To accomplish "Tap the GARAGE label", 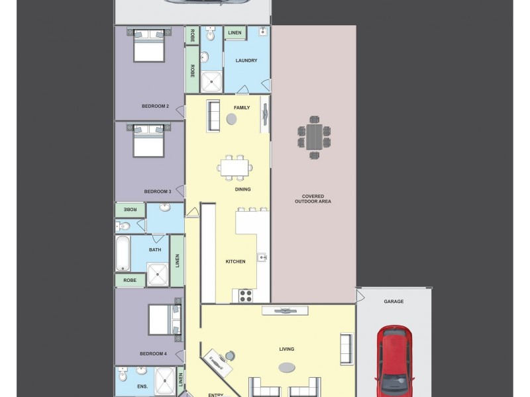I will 394,302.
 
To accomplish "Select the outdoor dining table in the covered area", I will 314,138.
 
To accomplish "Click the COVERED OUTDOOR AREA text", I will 316,198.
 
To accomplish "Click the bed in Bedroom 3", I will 148,140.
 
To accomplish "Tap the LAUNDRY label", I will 246,61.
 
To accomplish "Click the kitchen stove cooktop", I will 245,296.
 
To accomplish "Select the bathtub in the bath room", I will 123,254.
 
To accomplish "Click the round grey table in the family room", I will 231,119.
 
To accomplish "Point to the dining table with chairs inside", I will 235,167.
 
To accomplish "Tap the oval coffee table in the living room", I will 287,368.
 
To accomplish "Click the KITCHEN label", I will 235,261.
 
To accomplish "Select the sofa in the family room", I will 213,115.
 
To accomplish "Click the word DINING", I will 242,189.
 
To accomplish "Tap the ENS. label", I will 142,386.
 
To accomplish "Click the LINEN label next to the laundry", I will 235,32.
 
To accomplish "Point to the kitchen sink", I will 262,257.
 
